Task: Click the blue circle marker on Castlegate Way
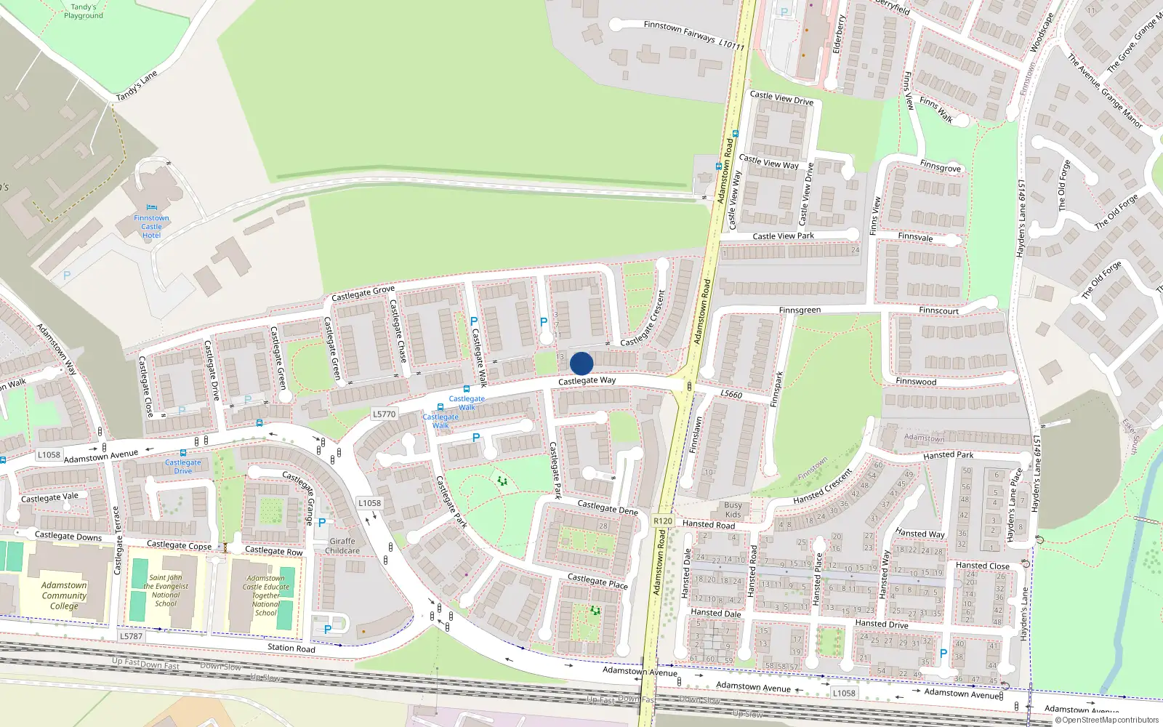pos(581,363)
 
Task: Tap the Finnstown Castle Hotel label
pos(151,226)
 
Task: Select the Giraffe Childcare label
pos(342,546)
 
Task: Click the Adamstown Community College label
pos(64,595)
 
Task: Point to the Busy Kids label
pos(733,510)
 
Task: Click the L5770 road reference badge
pos(385,414)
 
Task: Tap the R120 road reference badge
pos(663,521)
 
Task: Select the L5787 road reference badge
pos(131,636)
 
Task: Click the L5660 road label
pos(731,394)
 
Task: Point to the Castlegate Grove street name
pos(363,293)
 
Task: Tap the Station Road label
pos(291,648)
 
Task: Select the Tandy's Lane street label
pos(137,86)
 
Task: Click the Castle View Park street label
pos(783,236)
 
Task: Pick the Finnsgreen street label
pos(800,310)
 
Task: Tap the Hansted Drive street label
pos(882,624)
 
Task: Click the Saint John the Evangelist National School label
pos(166,590)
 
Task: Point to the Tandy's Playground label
pos(83,11)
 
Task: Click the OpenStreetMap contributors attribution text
pos(1106,720)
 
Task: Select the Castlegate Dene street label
pos(608,507)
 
